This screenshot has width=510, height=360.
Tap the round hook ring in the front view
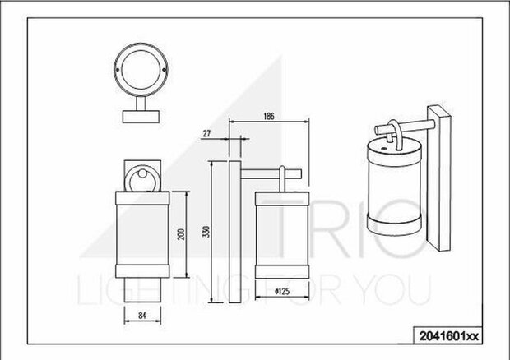(142, 179)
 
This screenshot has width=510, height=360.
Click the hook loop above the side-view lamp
(283, 177)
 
